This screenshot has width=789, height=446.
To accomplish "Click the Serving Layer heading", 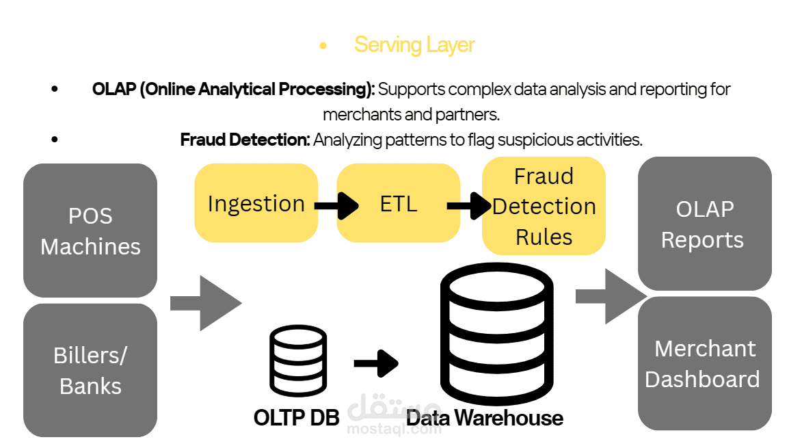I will pyautogui.click(x=414, y=45).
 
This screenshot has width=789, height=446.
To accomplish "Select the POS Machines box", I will pyautogui.click(x=90, y=231).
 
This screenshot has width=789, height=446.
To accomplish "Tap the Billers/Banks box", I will pyautogui.click(x=90, y=370).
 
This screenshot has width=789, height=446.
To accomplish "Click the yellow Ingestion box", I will pyautogui.click(x=256, y=203).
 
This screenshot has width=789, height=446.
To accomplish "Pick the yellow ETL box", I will pyautogui.click(x=398, y=203).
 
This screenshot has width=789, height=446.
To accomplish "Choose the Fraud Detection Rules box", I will pyautogui.click(x=544, y=206).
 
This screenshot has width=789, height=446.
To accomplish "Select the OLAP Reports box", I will pyautogui.click(x=704, y=224).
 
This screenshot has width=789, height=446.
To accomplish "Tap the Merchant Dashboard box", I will pyautogui.click(x=704, y=363).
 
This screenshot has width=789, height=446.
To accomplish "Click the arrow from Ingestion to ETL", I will pyautogui.click(x=337, y=205).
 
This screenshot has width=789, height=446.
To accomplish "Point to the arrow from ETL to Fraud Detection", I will pyautogui.click(x=470, y=205).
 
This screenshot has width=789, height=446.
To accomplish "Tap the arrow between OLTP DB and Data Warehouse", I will pyautogui.click(x=376, y=363).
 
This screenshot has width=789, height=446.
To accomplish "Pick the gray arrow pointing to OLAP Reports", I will pyautogui.click(x=610, y=296).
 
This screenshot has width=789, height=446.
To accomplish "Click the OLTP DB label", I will pyautogui.click(x=296, y=417).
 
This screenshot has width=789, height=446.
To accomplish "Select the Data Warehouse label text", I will pyautogui.click(x=485, y=417).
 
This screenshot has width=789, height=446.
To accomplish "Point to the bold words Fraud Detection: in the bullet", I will pyautogui.click(x=245, y=140).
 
